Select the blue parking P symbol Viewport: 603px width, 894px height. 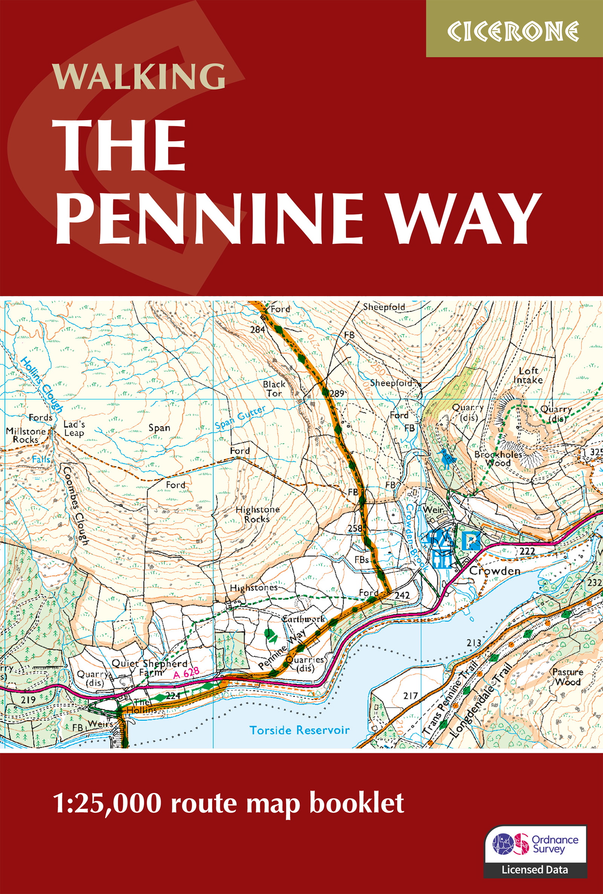point(471,541)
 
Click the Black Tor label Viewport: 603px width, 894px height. point(274,388)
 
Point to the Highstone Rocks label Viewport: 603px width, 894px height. point(257,514)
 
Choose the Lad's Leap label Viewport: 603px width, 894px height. point(74,429)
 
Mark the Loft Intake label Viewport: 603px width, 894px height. point(528,375)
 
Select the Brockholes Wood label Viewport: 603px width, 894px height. point(498,459)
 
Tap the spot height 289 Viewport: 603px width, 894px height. point(337,393)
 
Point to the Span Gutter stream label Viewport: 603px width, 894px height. point(240,417)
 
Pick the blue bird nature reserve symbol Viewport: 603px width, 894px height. point(447,459)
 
